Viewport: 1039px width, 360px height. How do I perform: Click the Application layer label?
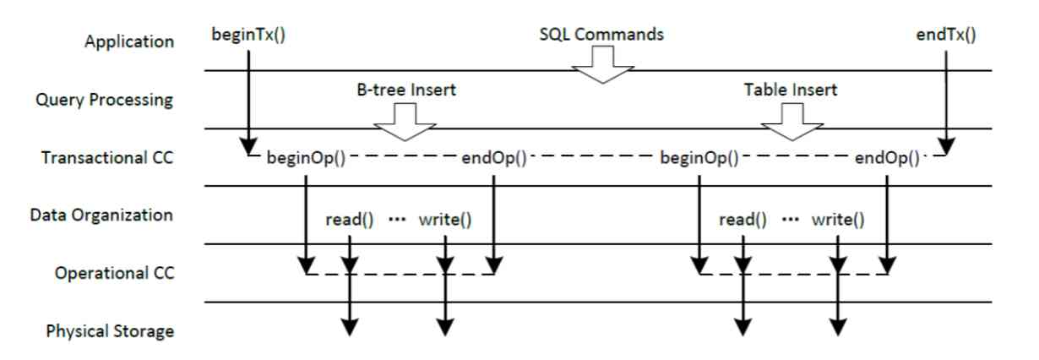tap(129, 41)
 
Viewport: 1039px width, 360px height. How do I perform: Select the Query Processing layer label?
tap(105, 100)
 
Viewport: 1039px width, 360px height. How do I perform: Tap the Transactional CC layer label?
tap(107, 157)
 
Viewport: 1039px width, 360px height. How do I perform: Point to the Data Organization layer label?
tap(101, 215)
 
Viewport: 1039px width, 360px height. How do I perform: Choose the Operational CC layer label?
tap(115, 273)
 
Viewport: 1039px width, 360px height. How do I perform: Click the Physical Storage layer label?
tap(110, 331)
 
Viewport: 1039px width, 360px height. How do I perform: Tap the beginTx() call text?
tap(248, 35)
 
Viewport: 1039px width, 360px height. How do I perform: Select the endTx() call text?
tap(946, 35)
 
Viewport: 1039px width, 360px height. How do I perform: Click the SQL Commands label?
tap(601, 35)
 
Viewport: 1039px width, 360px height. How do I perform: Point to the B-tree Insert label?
tap(406, 90)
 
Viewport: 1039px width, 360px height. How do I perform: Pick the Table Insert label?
tap(791, 90)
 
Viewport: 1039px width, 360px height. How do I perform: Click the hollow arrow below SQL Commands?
tap(602, 64)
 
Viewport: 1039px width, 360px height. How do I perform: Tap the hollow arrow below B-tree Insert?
tap(405, 122)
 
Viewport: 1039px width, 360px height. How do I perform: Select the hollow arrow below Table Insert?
tap(792, 122)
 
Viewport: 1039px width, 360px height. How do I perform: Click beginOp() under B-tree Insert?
tap(306, 158)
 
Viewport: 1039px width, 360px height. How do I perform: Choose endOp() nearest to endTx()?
tap(887, 158)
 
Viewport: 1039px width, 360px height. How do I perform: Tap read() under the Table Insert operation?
tap(743, 220)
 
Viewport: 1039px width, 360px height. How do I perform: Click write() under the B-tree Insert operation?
tap(445, 220)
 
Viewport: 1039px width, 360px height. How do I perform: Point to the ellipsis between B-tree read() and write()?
tap(396, 220)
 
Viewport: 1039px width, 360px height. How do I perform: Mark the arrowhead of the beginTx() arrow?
tap(248, 145)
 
